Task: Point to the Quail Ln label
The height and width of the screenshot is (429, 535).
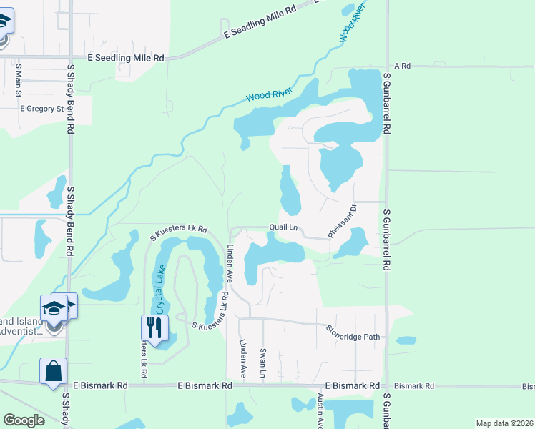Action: (283, 227)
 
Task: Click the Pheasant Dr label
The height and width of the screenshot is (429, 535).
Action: (342, 222)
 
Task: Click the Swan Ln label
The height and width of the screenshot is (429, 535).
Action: (263, 363)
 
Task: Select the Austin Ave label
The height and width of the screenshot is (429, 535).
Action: (320, 410)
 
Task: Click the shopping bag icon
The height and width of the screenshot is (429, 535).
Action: (53, 371)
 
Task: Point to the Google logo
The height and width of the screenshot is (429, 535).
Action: (24, 420)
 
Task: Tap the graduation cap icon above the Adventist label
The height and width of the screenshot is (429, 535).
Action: (54, 307)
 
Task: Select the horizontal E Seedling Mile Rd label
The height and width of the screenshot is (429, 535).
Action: (126, 57)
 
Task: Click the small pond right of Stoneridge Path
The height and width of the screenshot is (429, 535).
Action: (406, 340)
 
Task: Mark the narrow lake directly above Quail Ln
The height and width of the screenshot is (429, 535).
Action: (289, 191)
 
